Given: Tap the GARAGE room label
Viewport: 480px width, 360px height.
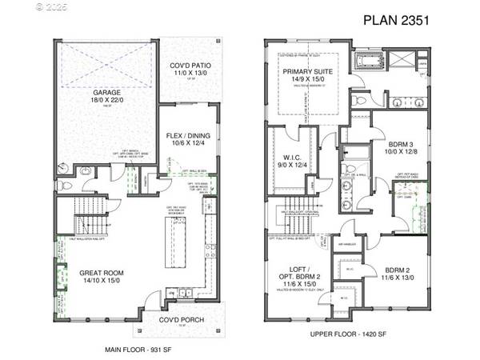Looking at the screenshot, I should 106,93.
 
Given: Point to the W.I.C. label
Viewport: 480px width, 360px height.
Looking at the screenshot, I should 290,157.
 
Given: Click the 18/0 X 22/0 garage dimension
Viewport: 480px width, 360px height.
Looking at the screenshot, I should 106,100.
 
